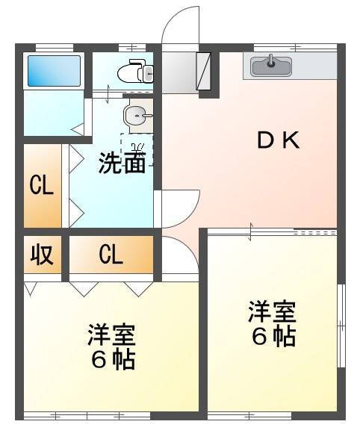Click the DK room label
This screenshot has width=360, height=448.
[279, 140]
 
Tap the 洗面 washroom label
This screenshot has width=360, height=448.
[122, 162]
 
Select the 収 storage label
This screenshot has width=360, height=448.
[43, 255]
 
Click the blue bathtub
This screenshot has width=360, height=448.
[54, 71]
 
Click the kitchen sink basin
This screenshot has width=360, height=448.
[271, 67]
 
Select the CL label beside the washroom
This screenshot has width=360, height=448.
[42, 185]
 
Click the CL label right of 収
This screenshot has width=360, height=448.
[111, 255]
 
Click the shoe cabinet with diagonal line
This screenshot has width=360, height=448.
[204, 71]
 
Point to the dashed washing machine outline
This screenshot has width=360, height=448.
[137, 149]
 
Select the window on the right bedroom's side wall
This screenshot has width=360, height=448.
[341, 326]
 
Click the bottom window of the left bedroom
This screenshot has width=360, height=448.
[87, 416]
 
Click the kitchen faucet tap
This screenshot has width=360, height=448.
[270, 61]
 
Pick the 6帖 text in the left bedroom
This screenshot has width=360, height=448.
[113, 360]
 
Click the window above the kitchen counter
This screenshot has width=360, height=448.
[296, 47]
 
